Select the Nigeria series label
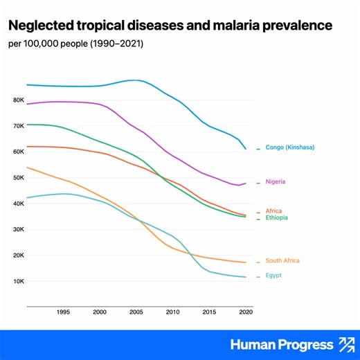[x=276, y=182]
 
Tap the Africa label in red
[x=273, y=211]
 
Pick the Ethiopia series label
[x=276, y=218]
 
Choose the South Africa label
[x=282, y=261]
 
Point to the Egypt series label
[x=273, y=276]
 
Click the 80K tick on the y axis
[x=17, y=100]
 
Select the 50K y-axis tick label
[x=17, y=178]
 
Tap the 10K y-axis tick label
[x=17, y=282]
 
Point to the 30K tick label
[x=17, y=230]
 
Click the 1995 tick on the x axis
[x=63, y=313]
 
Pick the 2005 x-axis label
[x=136, y=313]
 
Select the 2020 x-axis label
[x=244, y=313]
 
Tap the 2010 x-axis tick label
[x=172, y=313]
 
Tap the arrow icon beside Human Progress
[x=345, y=344]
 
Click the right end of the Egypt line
[x=245, y=277]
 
